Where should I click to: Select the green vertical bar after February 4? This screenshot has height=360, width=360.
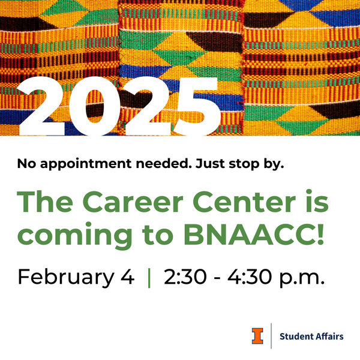point(149,277)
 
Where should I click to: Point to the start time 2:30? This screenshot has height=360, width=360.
point(180,277)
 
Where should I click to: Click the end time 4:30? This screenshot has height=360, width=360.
point(246,277)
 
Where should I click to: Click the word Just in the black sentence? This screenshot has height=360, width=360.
point(208,163)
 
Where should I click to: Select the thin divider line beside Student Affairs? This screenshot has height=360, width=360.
point(272,335)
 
